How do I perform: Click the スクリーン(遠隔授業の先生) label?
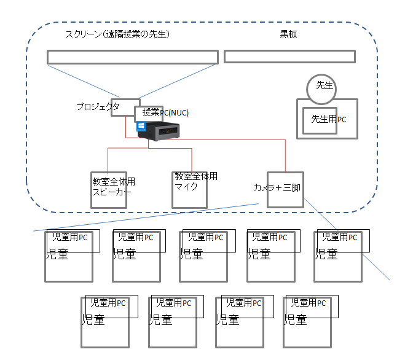(117, 34)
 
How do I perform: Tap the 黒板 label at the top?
(288, 34)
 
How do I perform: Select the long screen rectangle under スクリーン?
(132, 57)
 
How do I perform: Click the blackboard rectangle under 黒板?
(289, 57)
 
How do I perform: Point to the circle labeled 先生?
(324, 85)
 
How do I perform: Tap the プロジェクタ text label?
(97, 106)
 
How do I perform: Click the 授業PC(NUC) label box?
(149, 113)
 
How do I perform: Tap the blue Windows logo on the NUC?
(141, 126)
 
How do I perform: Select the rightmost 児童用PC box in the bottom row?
(312, 306)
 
